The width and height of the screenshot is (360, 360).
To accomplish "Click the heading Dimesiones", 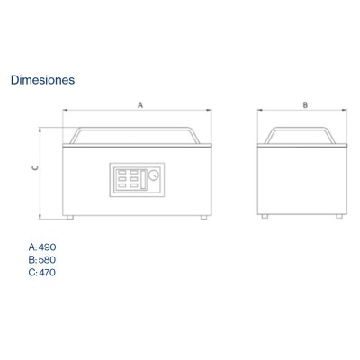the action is (43, 80).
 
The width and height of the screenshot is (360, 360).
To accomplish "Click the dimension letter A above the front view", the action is (140, 105).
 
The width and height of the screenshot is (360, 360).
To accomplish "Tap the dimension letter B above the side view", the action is (305, 105).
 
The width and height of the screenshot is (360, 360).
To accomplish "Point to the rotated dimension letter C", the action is (35, 168).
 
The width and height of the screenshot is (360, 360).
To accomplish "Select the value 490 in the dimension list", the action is (48, 247).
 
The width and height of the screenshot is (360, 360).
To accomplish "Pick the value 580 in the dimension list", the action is (48, 260).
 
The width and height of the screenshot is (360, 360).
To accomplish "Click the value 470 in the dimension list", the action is (48, 273).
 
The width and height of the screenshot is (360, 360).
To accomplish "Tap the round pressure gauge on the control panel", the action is (154, 175).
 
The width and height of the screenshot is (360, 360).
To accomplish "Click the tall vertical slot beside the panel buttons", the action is (143, 180).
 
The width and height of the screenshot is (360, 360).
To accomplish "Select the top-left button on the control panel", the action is (122, 173).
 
